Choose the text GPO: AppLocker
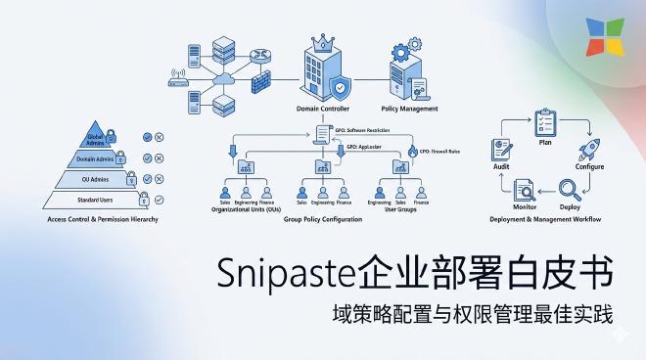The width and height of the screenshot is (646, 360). click(x=364, y=144)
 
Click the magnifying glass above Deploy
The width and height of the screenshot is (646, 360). click(x=570, y=189)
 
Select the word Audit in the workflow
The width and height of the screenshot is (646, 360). click(x=500, y=167)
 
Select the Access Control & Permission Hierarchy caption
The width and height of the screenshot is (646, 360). click(x=102, y=219)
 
